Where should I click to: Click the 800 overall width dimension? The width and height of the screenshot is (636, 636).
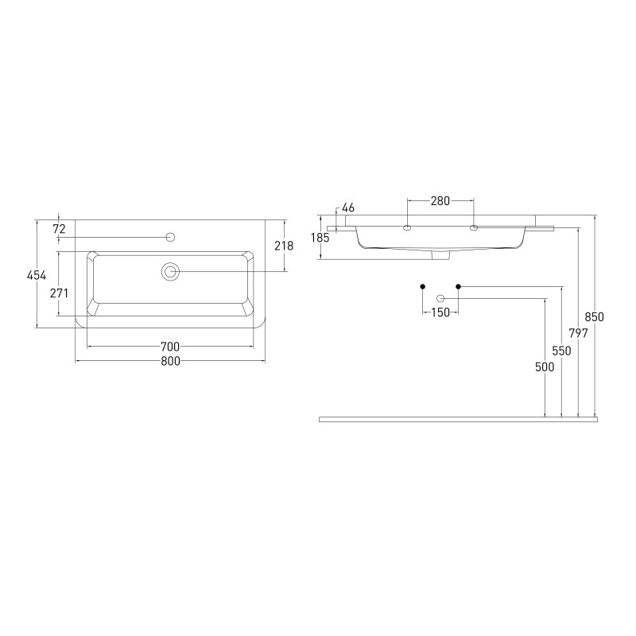(x=170, y=361)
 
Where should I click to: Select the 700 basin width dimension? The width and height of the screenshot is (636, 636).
(x=170, y=347)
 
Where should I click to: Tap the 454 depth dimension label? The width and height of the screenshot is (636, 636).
(x=37, y=275)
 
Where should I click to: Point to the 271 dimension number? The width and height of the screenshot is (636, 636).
(x=59, y=293)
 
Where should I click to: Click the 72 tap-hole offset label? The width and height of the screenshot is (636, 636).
(x=59, y=229)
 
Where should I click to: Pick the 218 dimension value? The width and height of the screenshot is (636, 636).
(x=284, y=246)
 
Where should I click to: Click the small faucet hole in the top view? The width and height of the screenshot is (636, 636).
(x=171, y=237)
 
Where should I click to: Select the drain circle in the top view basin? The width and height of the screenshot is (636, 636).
(x=170, y=271)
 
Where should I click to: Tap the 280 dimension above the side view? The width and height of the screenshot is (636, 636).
(x=440, y=201)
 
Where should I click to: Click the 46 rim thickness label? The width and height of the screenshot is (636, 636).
(x=348, y=207)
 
